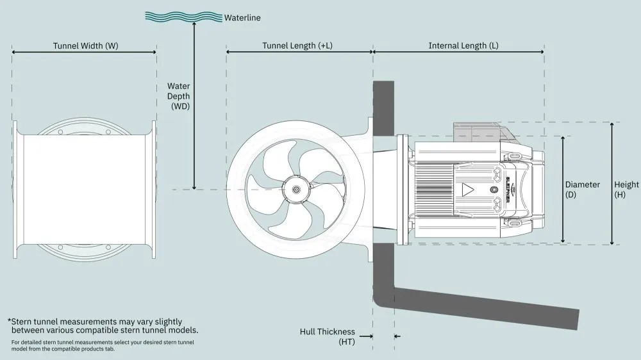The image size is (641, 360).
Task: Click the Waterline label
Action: (242, 18)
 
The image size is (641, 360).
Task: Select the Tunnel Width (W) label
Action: (85, 46)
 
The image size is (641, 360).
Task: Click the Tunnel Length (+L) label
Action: (297, 46)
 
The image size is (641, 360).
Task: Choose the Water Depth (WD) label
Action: (179, 97)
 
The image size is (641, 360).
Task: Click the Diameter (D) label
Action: (582, 189)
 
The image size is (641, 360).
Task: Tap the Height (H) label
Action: (626, 189)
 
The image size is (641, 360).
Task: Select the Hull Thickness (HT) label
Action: (327, 337)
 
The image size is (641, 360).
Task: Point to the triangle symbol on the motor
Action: (469, 190)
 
